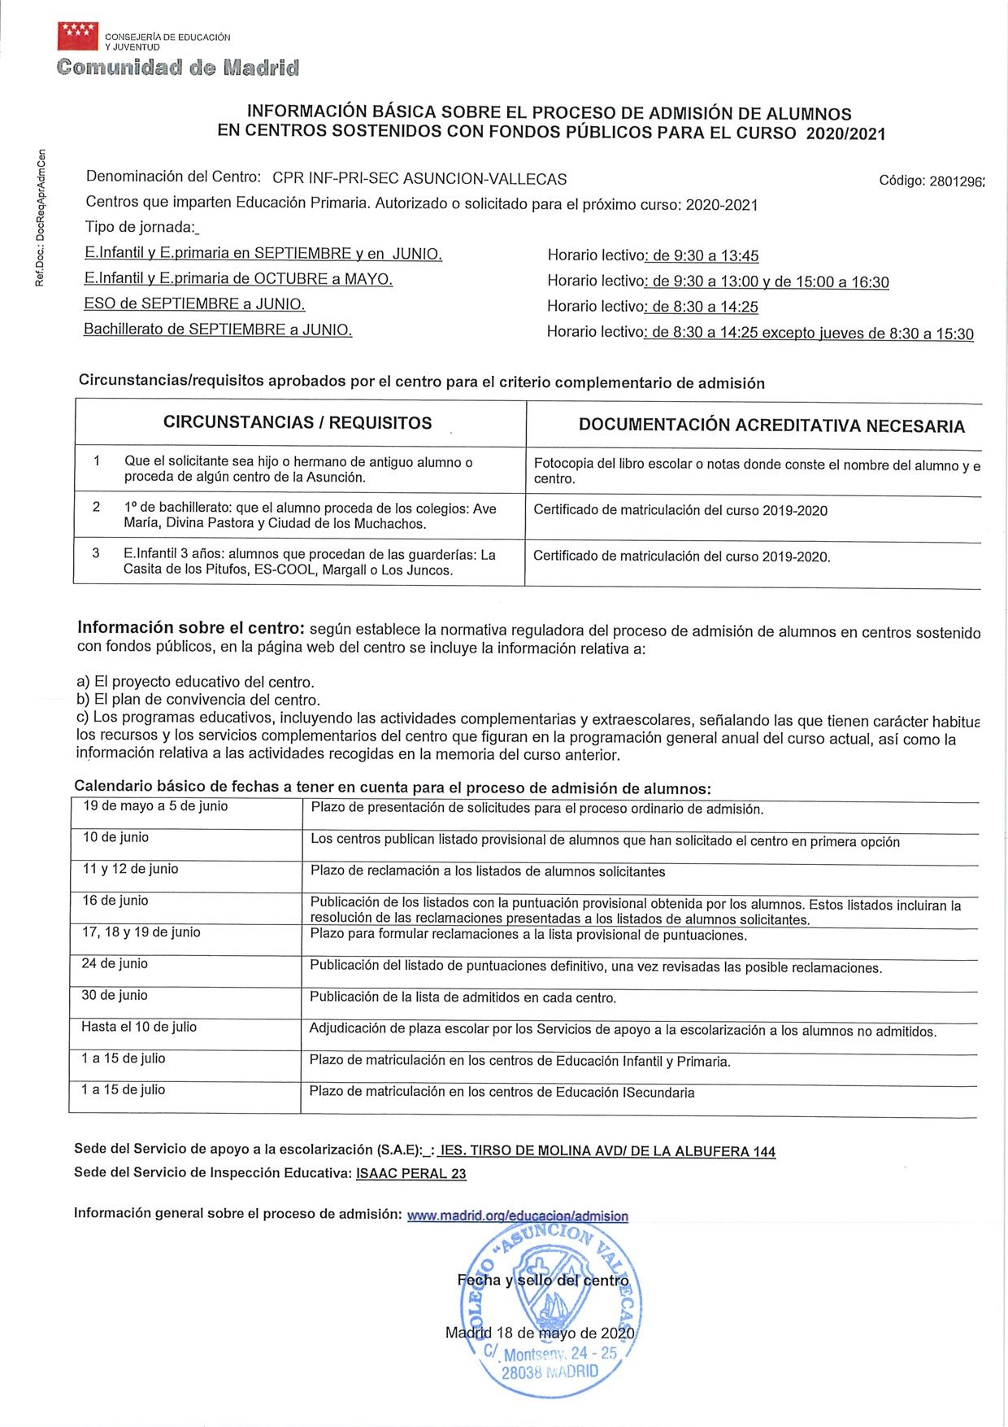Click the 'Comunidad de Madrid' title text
click(178, 68)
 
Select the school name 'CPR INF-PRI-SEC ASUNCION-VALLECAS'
click(419, 178)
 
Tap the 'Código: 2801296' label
click(931, 181)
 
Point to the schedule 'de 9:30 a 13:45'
click(705, 256)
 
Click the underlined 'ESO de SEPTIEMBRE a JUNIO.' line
click(194, 304)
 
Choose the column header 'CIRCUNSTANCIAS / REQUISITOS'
click(298, 422)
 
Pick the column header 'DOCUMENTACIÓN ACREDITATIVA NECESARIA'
click(771, 425)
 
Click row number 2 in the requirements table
click(96, 508)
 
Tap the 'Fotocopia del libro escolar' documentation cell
click(756, 471)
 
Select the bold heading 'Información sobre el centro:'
click(191, 628)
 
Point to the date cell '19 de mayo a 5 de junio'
click(155, 806)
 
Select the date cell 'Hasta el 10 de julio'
click(139, 1027)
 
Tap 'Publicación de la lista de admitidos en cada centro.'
click(463, 997)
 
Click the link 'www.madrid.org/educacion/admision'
click(517, 1215)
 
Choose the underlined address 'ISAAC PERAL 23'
click(411, 1173)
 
